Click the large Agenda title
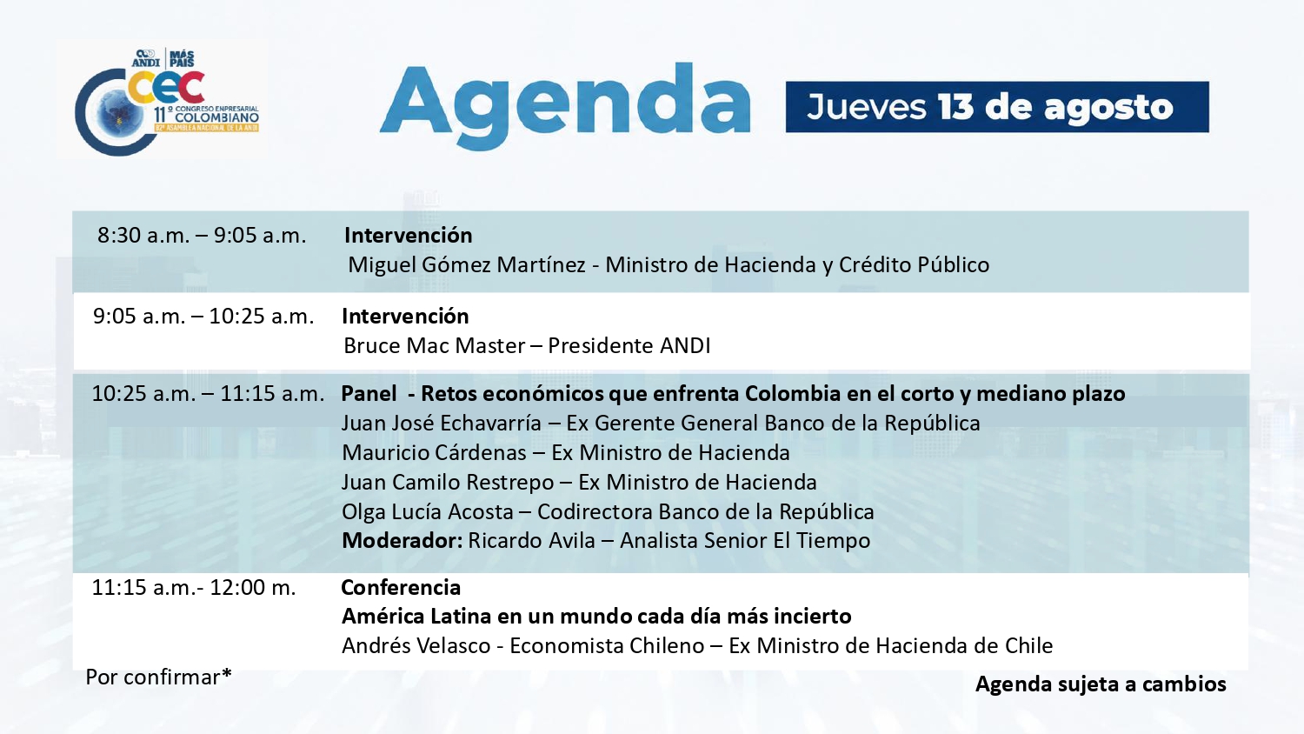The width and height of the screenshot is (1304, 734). coord(565,106)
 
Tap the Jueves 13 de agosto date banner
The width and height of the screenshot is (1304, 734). coord(997,107)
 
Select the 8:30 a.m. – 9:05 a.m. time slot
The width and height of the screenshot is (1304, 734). coord(202,236)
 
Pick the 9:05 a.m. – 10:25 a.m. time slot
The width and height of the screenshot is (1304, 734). coord(203,317)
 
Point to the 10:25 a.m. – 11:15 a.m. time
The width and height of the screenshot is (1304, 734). coord(208,394)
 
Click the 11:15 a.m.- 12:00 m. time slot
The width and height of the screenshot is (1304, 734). coord(194,588)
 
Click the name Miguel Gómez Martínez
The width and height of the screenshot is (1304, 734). coord(467,265)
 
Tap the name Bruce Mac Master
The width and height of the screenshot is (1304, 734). coord(435,346)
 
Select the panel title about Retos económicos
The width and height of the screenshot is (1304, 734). coord(733,394)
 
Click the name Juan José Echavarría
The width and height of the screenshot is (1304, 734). coord(442,424)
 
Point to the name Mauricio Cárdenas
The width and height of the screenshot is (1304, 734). coord(435,453)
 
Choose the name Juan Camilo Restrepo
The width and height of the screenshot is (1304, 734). coord(448,483)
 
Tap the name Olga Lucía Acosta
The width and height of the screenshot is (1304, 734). coord(428,512)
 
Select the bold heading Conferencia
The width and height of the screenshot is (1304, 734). coord(401,588)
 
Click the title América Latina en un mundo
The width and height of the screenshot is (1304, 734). coord(596,617)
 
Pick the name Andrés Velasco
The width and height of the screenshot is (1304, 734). coord(416,646)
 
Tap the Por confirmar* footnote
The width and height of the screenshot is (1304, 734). coord(158,677)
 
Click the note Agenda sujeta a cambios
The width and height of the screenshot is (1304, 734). coord(1101,684)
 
